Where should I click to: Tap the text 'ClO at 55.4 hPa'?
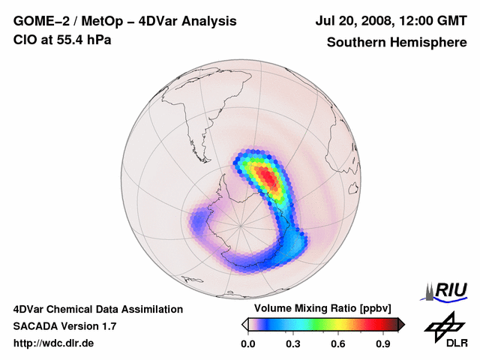[x=62, y=40]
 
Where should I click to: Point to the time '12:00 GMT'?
[x=433, y=22]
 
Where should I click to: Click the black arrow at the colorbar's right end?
[x=401, y=324]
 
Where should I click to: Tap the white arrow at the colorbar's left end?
[x=244, y=324]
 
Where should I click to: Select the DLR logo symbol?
[x=442, y=327]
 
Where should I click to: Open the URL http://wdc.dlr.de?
[x=54, y=343]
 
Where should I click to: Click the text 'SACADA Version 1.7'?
[x=64, y=326]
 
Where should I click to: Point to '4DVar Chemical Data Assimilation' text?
[x=97, y=309]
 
